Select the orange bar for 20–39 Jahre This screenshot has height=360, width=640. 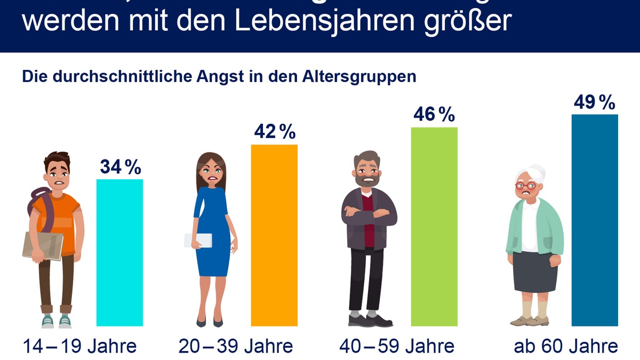tap(274, 235)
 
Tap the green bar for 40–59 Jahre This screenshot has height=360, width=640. tap(434, 227)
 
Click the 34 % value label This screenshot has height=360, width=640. tap(121, 167)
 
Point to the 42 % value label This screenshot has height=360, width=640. tap(275, 132)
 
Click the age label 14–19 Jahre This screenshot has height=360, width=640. tap(79, 346)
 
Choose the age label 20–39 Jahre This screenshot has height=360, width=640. tap(236, 346)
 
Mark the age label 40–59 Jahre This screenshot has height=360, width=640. tap(397, 346)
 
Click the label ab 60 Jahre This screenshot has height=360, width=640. tap(566, 346)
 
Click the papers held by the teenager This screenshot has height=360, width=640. tap(43, 245)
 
